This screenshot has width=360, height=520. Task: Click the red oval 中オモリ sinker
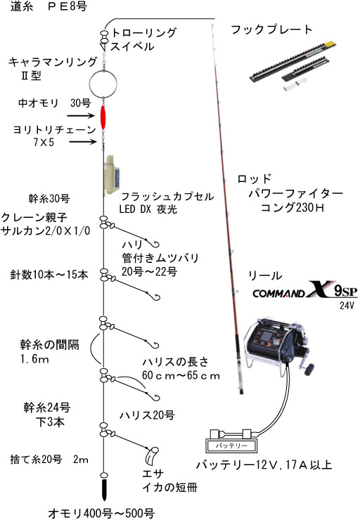point(103,118)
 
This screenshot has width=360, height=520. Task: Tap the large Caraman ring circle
point(89,83)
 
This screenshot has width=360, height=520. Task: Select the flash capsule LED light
point(112,175)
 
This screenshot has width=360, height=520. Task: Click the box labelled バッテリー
point(231,446)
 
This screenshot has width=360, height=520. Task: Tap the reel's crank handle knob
point(309,368)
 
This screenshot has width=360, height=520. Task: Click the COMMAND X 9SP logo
point(305,290)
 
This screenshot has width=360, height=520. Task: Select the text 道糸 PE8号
point(49,6)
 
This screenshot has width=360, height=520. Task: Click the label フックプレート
point(271,30)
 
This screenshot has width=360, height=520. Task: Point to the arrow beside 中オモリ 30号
point(81,115)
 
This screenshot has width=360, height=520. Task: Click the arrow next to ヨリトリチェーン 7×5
point(83,142)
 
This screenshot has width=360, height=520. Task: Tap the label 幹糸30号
point(49,199)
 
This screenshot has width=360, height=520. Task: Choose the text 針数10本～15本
point(49,275)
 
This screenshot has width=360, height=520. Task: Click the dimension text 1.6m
point(34,359)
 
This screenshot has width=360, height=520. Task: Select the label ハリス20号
point(147,415)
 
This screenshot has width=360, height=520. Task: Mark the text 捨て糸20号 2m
point(49,460)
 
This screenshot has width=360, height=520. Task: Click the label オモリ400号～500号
point(101,513)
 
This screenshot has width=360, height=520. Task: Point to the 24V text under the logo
point(347,305)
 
